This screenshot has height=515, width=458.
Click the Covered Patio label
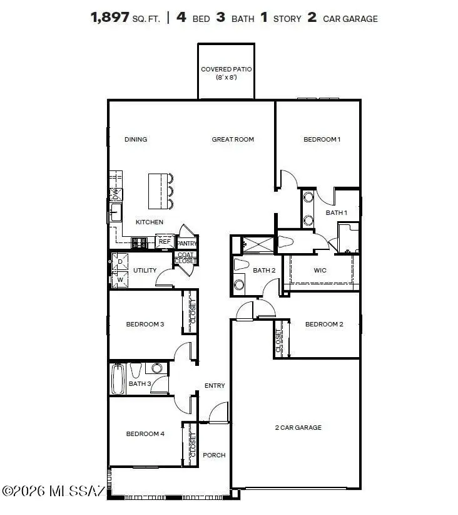pos(226,73)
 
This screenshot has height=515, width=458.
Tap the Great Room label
pos(233,139)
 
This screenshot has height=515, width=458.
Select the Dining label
pos(136,139)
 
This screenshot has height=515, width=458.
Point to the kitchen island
pos(158,190)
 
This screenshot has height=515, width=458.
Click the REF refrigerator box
pos(165,241)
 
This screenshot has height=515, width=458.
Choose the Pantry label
pos(187,243)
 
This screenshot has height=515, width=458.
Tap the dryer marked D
pos(120,262)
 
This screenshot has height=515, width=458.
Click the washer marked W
pos(120,279)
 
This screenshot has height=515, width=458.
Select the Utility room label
pos(145,271)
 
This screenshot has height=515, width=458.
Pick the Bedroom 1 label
pos(322,139)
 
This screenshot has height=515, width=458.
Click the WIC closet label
pos(321,271)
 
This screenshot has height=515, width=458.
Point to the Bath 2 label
pos(264,271)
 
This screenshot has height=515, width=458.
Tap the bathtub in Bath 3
pos(118,380)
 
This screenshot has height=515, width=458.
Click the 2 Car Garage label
pos(298,427)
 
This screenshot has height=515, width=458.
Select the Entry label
pos(215,386)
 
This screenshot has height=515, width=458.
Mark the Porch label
pos(214,455)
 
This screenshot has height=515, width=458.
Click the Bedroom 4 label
pos(145,434)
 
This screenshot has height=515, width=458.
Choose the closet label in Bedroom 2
pos(278,340)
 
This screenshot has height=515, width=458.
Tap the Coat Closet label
pos(185,257)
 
